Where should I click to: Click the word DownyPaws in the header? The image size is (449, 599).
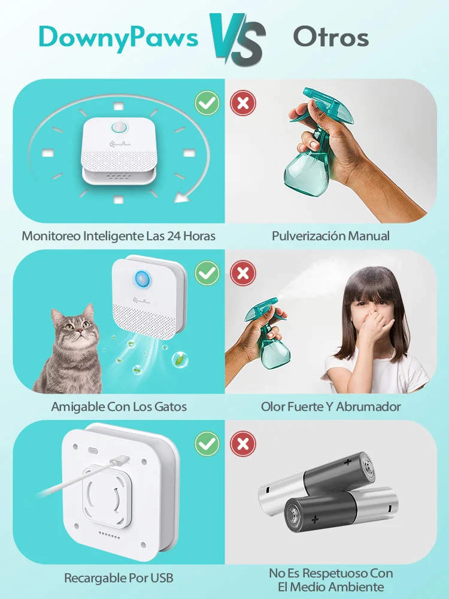(x=119, y=37)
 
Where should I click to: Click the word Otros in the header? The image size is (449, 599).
(x=331, y=37)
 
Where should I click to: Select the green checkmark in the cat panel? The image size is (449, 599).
(x=207, y=274)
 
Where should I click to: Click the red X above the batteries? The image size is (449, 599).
(x=243, y=444)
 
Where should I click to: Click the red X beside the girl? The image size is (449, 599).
(x=243, y=274)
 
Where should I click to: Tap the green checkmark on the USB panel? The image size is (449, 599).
(x=207, y=444)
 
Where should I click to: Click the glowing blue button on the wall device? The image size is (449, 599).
(x=142, y=279)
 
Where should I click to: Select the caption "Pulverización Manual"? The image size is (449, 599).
(x=330, y=236)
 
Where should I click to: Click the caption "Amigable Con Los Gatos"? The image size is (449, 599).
(x=119, y=407)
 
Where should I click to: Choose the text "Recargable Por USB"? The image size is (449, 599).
(x=119, y=578)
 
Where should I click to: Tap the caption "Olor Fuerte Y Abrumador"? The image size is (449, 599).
(x=330, y=407)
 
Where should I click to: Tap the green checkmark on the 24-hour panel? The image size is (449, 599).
(x=207, y=103)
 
